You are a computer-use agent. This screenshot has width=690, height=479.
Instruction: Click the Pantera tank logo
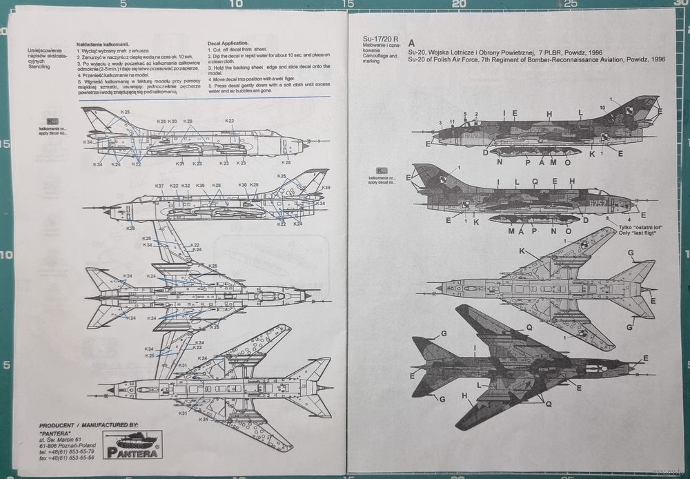click(x=131, y=443)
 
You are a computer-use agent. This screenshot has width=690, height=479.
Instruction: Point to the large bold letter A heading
click(x=412, y=41)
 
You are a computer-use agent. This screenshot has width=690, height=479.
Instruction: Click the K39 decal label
click(x=326, y=188)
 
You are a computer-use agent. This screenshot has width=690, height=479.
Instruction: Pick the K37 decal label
click(x=159, y=186)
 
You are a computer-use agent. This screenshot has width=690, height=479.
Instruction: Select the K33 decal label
click(x=224, y=163)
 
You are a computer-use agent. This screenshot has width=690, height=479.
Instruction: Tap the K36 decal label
click(x=200, y=186)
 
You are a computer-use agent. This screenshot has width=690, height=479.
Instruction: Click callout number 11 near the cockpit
click(x=452, y=121)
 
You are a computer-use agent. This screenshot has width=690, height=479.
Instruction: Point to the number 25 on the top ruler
click(x=570, y=3)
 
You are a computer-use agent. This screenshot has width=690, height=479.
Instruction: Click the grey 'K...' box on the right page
click(x=379, y=171)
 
